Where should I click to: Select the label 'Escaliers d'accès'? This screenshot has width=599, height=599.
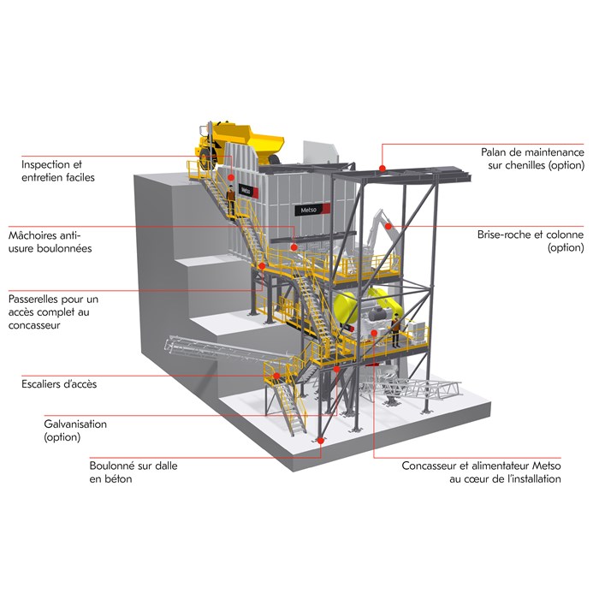[x=58, y=383]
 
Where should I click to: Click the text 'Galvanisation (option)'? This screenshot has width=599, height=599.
[x=75, y=430]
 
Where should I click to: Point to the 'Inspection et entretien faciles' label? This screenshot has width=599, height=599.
[x=58, y=170]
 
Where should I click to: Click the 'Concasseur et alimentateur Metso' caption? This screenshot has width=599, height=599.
[x=481, y=472]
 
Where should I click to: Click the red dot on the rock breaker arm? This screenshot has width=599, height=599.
[x=388, y=226]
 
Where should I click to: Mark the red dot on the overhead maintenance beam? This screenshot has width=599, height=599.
[x=383, y=166]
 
